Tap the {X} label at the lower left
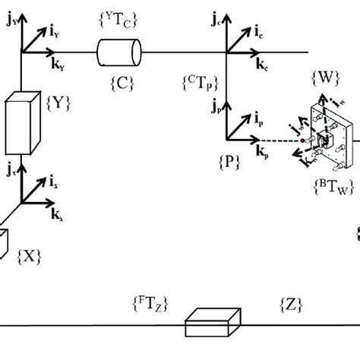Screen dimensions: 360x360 coord(29,256)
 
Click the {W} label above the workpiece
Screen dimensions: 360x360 coord(325,77)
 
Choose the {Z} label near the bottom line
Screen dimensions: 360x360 coord(292,303)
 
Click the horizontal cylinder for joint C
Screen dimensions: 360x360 coord(119,52)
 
